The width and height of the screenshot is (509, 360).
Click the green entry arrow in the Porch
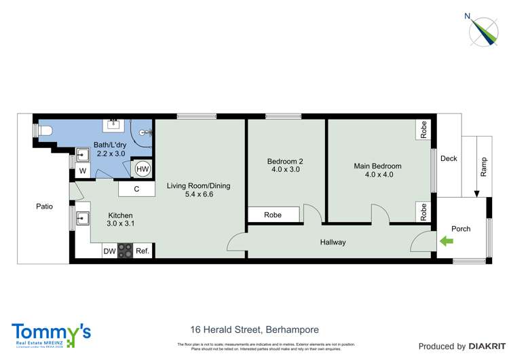click(446, 240)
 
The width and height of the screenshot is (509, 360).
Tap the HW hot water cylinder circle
click(143, 169)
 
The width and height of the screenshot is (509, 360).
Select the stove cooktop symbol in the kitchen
click(126, 251)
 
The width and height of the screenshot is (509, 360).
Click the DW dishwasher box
click(109, 251)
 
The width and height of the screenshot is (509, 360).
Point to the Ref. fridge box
click(143, 251)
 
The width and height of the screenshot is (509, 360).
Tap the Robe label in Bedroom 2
click(273, 215)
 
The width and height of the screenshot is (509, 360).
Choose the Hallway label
click(333, 242)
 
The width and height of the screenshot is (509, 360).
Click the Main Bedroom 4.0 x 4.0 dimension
click(377, 175)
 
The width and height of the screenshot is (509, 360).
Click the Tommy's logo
click(51, 334)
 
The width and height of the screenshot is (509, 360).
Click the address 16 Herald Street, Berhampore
click(254, 330)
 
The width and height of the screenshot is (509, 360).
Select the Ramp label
click(484, 167)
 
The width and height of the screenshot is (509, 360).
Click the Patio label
click(45, 206)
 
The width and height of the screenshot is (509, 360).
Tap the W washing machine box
click(82, 170)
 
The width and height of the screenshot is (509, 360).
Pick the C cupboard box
click(136, 189)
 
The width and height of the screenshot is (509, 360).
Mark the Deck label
click(449, 159)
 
